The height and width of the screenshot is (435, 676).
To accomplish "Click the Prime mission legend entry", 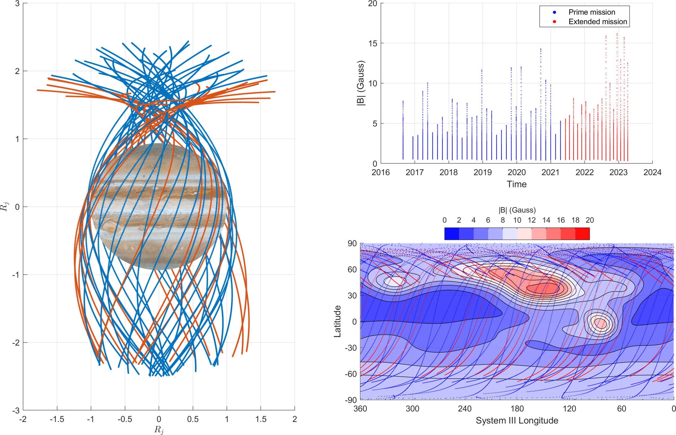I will click(x=591, y=12).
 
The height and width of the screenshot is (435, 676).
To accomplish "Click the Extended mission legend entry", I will click(x=597, y=22).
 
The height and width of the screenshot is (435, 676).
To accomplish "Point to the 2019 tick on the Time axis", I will click(x=482, y=172).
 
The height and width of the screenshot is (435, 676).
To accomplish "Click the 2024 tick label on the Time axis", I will click(x=652, y=172).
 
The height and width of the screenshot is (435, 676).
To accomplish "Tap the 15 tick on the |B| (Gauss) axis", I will click(x=373, y=43).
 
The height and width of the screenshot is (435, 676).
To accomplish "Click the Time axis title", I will click(x=516, y=184).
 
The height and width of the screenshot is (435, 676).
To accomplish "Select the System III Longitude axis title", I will click(x=517, y=420).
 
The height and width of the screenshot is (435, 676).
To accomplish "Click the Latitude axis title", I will click(x=337, y=321).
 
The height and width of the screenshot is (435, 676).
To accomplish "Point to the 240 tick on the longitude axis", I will click(x=465, y=409).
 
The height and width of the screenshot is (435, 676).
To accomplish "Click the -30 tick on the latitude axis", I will click(x=351, y=348).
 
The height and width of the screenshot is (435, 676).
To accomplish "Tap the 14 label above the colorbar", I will click(x=546, y=220).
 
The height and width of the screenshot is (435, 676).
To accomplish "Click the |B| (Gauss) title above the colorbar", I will click(x=517, y=210).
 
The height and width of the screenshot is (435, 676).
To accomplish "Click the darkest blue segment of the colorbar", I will click(x=452, y=234).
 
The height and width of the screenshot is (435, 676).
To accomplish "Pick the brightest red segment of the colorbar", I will click(x=582, y=234).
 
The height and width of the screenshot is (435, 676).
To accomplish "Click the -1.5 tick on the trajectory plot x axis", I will click(x=57, y=419).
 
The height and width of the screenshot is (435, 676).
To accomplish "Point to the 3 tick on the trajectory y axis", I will click(x=17, y=3).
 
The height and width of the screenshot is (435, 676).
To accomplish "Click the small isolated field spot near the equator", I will click(x=600, y=323).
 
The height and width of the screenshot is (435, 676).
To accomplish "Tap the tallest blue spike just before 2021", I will click(x=541, y=50).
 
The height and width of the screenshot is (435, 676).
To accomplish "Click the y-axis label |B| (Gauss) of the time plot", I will click(x=361, y=83).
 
